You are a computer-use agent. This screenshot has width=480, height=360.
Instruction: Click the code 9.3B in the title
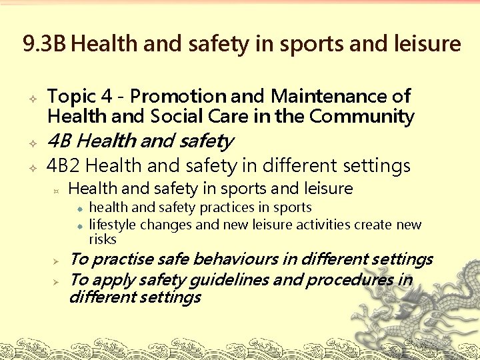[x=44, y=44]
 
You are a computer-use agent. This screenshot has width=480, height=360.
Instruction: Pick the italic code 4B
[x=61, y=141]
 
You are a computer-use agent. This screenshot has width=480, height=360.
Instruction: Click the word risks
[x=103, y=239]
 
